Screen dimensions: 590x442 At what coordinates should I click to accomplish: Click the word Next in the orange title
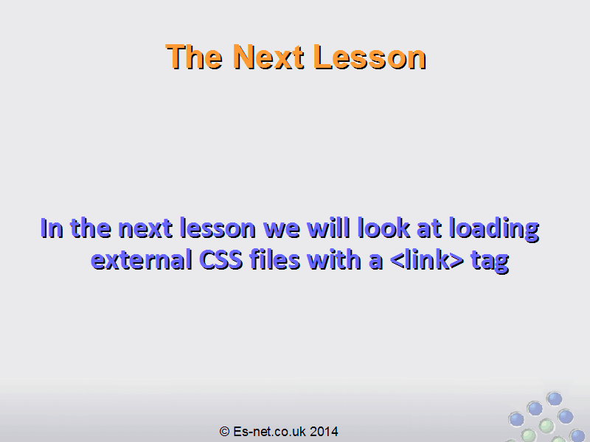pos(268,57)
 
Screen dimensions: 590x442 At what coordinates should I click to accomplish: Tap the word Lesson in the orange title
pos(369,57)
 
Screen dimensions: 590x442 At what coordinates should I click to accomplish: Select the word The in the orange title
pos(194,57)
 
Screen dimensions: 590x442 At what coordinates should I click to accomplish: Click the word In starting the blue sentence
pos(52,228)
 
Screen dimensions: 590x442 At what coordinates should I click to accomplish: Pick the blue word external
pos(142,260)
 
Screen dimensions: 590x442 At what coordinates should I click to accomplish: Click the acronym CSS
pos(221,260)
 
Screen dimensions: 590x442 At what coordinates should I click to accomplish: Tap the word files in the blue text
pos(275,260)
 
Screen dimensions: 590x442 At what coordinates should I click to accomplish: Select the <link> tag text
pos(427,260)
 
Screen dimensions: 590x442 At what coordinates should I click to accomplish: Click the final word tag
pos(490,262)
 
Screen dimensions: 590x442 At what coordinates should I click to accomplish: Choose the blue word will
pos(328,228)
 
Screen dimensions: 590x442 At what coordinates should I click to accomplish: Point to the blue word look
pos(383,228)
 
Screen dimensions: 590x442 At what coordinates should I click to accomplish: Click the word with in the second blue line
pos(334,260)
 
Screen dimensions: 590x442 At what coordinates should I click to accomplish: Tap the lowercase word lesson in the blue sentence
pos(218,228)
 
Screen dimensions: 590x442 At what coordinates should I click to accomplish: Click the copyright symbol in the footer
pos(224,432)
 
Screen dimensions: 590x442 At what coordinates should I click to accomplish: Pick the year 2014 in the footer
pos(324,432)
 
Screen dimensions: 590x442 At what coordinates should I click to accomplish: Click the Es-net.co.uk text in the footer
pos(269,432)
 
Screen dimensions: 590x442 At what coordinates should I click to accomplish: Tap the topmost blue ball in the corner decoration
pos(555,399)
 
